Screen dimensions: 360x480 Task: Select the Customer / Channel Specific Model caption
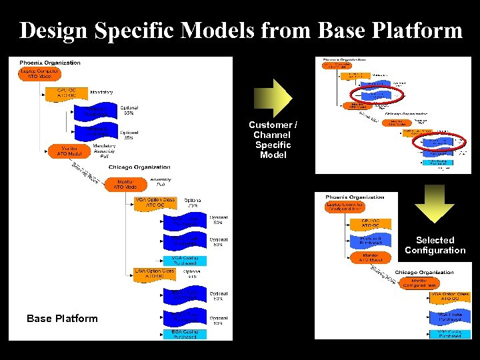[x=273, y=139]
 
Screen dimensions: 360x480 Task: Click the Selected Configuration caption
[x=435, y=245]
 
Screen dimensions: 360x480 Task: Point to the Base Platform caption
[x=62, y=318]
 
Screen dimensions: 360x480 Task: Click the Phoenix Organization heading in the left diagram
[x=50, y=63]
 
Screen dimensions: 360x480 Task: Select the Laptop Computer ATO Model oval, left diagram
[x=39, y=73]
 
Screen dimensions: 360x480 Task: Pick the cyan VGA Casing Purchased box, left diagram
[x=184, y=260]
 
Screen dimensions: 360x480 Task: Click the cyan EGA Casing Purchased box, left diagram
[x=184, y=333]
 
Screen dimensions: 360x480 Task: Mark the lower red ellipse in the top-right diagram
[x=437, y=141]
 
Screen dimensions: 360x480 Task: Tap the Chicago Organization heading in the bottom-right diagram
[x=424, y=272]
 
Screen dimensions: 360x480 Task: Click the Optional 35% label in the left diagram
[x=129, y=135]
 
